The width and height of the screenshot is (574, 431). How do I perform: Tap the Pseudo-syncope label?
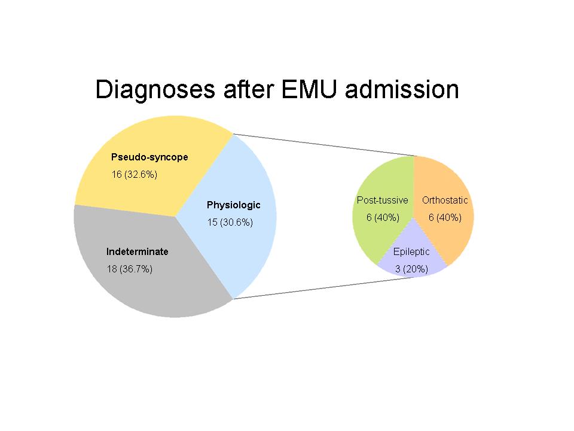149,157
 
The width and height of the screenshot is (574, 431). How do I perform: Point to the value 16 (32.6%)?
134,175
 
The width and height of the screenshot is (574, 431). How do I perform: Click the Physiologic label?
233,205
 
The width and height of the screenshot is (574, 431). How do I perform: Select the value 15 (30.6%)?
230,222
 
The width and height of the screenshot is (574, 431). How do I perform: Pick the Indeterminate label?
137,251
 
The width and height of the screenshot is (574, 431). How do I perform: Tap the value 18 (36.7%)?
130,269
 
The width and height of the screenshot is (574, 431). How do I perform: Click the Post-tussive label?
382,200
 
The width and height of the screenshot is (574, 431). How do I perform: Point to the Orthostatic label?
445,200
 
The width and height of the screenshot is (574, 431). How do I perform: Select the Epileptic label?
411,251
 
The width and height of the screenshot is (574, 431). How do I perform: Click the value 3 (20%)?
411,269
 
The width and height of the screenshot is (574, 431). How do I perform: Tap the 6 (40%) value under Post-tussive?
383,217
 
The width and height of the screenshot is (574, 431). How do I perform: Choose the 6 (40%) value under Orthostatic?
445,217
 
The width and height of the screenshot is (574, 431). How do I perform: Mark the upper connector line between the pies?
323,145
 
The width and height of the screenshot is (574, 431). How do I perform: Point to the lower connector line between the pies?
323,289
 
